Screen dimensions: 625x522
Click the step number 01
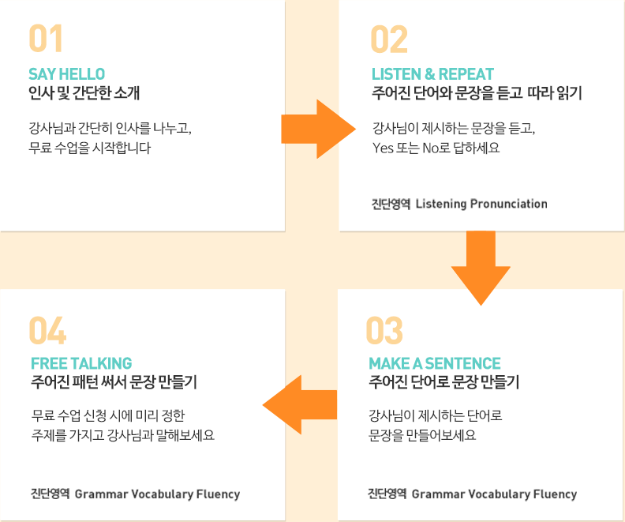[x=46, y=38]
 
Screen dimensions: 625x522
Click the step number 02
[x=389, y=39]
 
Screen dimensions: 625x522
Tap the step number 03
[x=384, y=330]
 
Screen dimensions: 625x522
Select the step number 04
[x=47, y=330]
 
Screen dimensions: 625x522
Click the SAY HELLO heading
[x=66, y=74]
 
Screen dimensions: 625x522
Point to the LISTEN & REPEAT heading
[x=433, y=74]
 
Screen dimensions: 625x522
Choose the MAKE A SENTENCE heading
[x=435, y=363]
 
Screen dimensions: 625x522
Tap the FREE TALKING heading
[x=81, y=363]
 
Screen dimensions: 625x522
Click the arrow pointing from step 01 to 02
[x=319, y=130]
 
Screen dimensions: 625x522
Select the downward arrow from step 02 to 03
[x=481, y=268]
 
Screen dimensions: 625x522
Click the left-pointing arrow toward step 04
[x=300, y=405]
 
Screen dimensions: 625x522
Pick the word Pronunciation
[x=509, y=204]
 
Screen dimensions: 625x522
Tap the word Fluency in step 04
[x=219, y=494]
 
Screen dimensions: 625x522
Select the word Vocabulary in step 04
[x=163, y=494]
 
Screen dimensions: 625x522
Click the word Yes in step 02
[x=383, y=148]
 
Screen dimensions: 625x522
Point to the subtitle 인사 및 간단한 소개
[x=84, y=93]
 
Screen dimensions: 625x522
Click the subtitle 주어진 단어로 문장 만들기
[x=443, y=382]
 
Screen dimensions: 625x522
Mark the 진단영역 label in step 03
[x=387, y=494]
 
